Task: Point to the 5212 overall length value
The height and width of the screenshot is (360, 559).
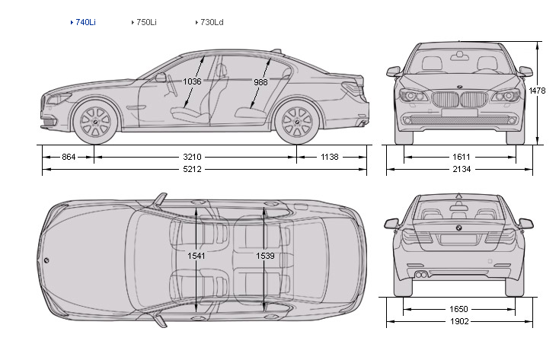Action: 193,169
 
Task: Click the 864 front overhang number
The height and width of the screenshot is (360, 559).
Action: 68,157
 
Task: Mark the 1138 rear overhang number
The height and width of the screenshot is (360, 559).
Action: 329,157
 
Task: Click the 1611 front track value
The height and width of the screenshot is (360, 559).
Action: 458,157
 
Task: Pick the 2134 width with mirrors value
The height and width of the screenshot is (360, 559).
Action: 458,169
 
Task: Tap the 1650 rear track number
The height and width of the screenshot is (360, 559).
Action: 458,309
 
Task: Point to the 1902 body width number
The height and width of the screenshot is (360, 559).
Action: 458,321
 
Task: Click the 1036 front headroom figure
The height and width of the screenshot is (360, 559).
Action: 193,81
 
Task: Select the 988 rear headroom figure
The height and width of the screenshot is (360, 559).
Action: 261,81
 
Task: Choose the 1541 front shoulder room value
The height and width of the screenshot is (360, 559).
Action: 196,256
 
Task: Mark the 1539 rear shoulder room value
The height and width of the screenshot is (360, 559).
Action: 264,256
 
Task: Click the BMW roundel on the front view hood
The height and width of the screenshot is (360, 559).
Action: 459,86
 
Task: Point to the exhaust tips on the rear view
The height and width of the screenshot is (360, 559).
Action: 419,272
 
